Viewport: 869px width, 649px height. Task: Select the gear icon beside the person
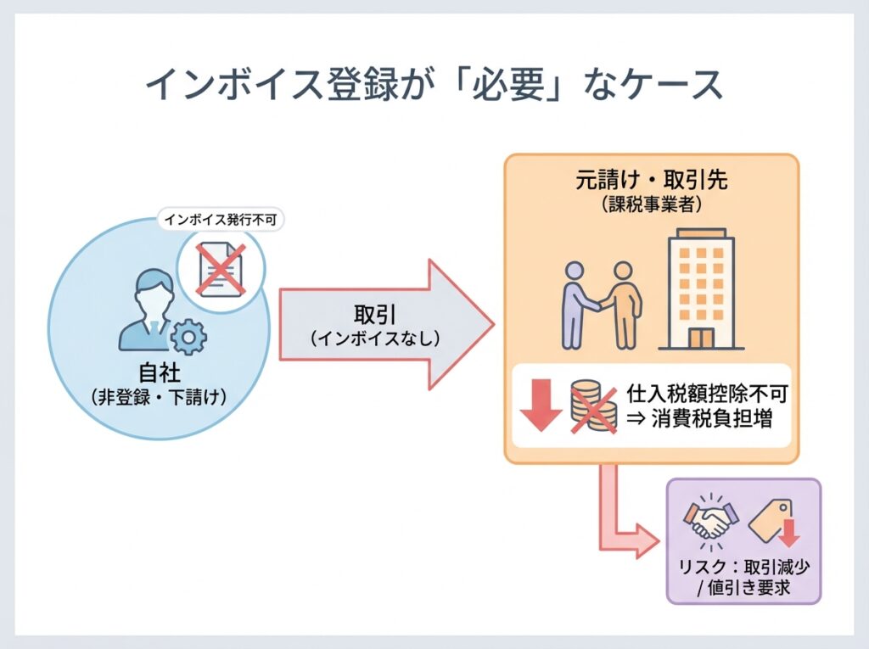(x=188, y=338)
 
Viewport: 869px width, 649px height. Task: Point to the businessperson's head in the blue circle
(x=150, y=290)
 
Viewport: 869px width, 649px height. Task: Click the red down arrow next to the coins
(x=540, y=407)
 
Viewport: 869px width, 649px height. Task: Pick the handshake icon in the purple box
(x=710, y=519)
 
